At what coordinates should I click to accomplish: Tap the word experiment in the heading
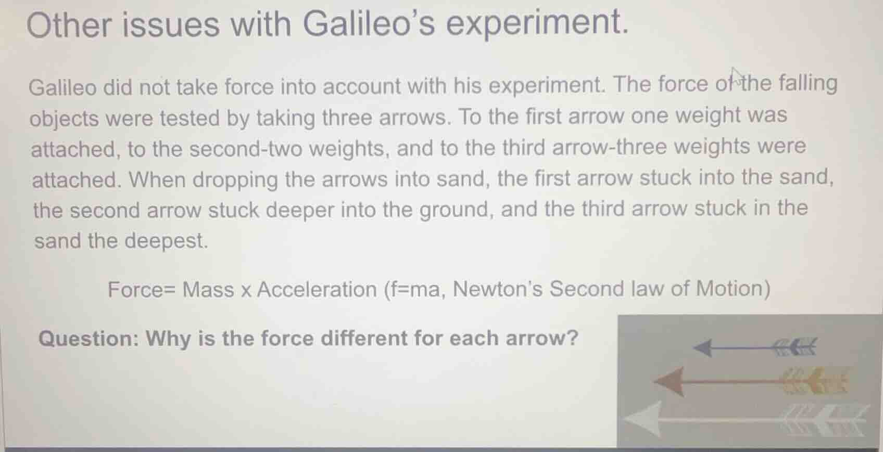[x=536, y=24]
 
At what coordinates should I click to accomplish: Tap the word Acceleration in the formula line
[x=317, y=289]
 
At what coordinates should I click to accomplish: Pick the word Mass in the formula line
[x=208, y=290]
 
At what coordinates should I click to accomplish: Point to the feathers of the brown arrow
[x=815, y=381]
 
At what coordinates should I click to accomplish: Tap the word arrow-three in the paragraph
[x=610, y=147]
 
